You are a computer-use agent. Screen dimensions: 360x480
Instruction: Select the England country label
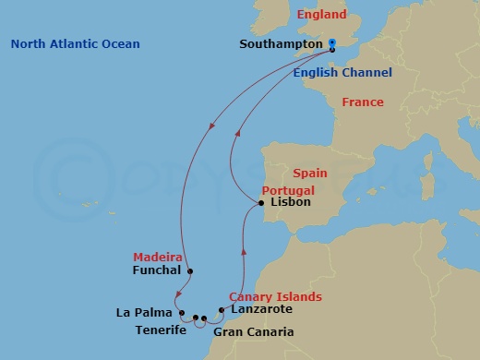[321, 15]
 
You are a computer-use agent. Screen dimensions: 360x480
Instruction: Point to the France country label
[362, 102]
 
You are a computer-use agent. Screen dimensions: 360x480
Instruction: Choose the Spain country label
[311, 174]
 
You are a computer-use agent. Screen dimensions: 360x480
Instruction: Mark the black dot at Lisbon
[262, 202]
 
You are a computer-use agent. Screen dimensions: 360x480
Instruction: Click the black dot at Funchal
[189, 271]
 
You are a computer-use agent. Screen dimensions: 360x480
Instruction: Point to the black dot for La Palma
[182, 312]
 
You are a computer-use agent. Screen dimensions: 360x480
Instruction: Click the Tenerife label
[161, 330]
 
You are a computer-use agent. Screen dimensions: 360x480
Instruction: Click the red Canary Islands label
[275, 296]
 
